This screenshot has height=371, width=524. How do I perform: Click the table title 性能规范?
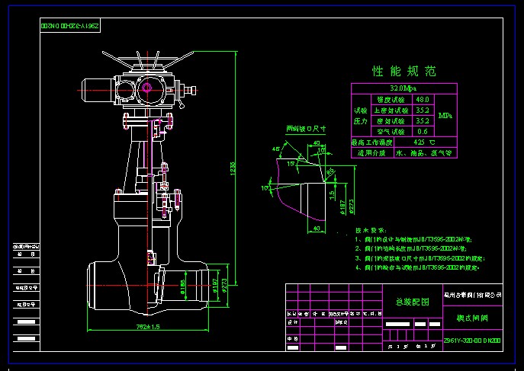403,72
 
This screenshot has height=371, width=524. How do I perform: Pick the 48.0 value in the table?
422,99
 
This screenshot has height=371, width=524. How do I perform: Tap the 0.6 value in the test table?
422,131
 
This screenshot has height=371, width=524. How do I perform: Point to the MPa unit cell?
445,116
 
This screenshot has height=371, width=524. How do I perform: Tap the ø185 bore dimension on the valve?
183,287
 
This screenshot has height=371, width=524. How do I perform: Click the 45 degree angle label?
275,149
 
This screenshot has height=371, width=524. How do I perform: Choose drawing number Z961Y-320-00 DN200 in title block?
474,341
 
